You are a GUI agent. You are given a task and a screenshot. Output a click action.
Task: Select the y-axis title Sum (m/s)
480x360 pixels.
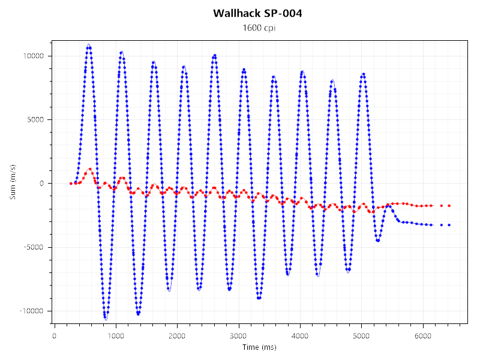pyautogui.click(x=13, y=182)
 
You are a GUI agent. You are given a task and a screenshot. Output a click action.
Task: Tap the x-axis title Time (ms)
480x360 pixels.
pyautogui.click(x=259, y=347)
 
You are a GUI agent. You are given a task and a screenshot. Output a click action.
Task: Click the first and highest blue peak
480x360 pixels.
pyautogui.click(x=89, y=46)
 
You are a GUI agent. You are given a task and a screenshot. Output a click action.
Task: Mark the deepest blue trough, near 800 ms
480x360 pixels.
pyautogui.click(x=105, y=317)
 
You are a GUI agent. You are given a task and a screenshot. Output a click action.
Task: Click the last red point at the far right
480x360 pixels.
pyautogui.click(x=449, y=206)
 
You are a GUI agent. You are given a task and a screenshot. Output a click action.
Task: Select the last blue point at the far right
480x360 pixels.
pyautogui.click(x=449, y=225)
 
